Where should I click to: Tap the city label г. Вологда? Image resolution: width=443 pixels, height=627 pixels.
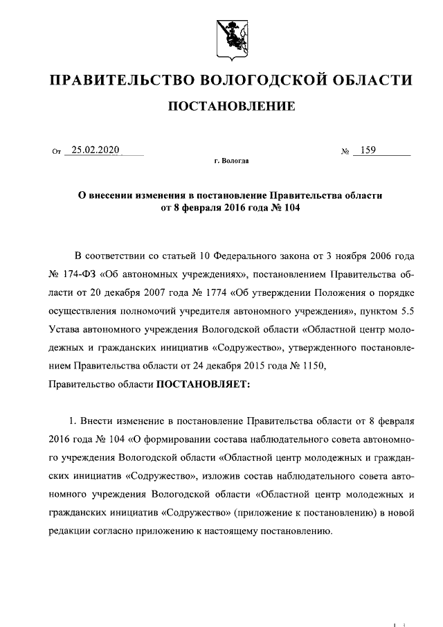(231, 161)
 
